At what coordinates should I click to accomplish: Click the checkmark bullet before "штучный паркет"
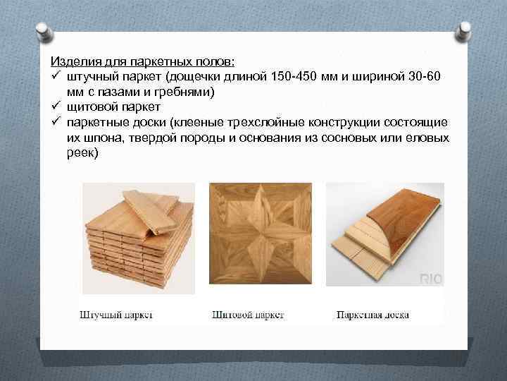55,75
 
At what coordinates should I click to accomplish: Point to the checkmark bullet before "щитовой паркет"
55,107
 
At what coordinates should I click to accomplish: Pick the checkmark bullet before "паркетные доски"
55,122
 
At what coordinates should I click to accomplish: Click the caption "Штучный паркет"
117,315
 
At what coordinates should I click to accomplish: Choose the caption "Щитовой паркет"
248,315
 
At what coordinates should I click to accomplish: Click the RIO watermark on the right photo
430,279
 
